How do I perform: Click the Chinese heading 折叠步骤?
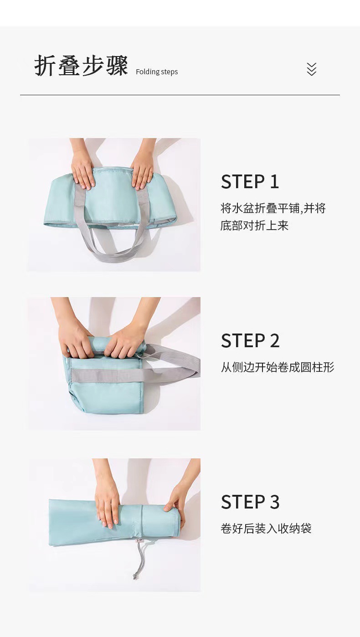pos(81,67)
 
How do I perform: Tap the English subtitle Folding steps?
pos(157,72)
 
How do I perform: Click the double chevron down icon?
pos(311,69)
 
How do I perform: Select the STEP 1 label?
pos(250,182)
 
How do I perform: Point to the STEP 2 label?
pos(250,341)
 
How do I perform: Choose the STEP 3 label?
pos(250,502)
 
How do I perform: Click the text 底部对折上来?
pos(254,226)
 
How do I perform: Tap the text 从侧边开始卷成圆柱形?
pos(278,367)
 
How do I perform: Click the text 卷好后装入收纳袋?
pos(266,529)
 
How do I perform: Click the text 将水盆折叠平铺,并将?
pos(273,208)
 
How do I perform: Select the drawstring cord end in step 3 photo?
pos(135,576)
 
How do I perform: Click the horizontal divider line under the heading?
pos(180,95)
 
